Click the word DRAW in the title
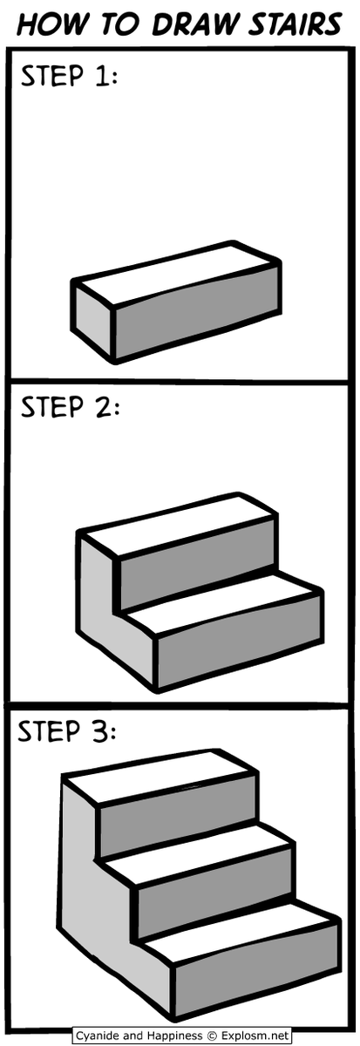(x=190, y=24)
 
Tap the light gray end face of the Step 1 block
(x=92, y=323)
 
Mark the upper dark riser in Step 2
(x=196, y=571)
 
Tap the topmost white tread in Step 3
(x=161, y=783)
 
